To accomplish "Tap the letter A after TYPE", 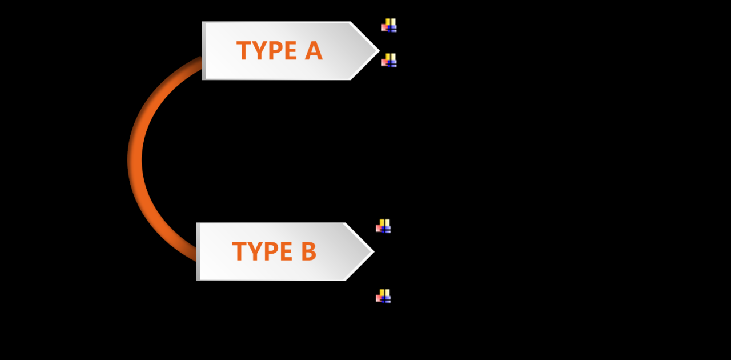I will [314, 51].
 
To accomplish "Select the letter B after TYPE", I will [308, 251].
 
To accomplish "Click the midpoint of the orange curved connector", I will [135, 159].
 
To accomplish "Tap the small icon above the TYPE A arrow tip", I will [389, 25].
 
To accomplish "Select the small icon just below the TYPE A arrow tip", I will [389, 60].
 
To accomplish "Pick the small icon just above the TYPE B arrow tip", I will [383, 226].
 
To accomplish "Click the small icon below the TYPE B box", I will [383, 296].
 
